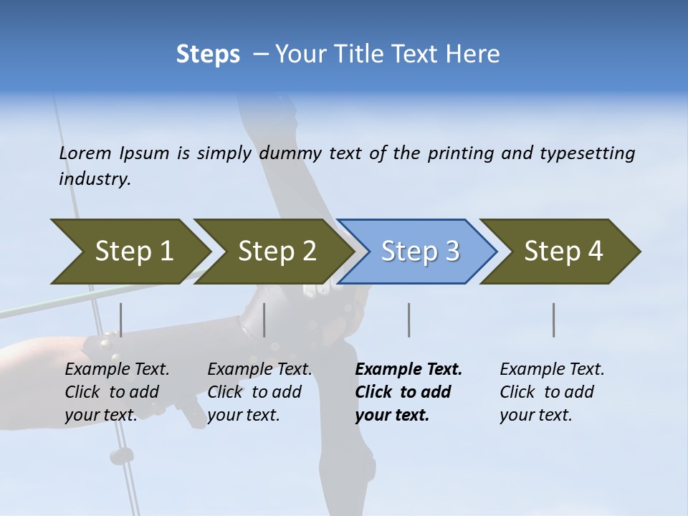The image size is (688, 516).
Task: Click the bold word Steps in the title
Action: tap(208, 54)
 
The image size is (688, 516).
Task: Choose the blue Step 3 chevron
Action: tap(419, 251)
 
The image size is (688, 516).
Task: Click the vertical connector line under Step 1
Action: tap(121, 320)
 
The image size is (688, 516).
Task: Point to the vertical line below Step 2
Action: tap(264, 320)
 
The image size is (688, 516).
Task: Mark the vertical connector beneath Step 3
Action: tap(409, 320)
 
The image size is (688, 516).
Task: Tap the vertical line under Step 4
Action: tap(554, 320)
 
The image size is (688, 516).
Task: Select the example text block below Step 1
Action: tap(117, 392)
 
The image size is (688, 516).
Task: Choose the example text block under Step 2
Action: tap(259, 392)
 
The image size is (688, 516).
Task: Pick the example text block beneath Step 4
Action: tap(552, 392)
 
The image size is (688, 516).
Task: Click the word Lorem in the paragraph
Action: tap(85, 153)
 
